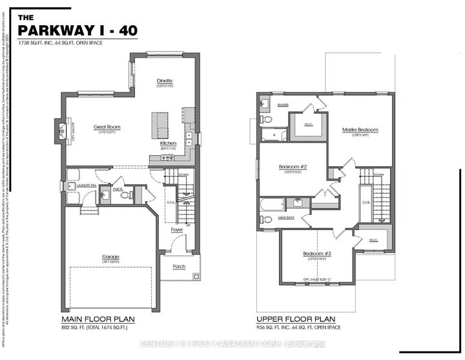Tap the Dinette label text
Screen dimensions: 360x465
pos(165,81)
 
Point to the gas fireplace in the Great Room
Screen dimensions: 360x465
pos(61,131)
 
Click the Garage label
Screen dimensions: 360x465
pos(110,257)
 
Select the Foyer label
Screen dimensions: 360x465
pos(176,230)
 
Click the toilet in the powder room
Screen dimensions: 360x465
pos(125,195)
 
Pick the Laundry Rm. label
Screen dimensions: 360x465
pos(85,185)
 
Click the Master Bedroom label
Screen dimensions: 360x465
pos(360,130)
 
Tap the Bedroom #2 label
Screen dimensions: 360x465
pos(292,166)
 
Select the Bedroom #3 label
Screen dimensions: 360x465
pos(317,253)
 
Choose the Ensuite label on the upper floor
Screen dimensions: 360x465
pos(265,103)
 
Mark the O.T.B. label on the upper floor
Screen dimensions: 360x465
pos(366,202)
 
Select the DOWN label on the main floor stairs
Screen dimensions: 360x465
pos(183,175)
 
